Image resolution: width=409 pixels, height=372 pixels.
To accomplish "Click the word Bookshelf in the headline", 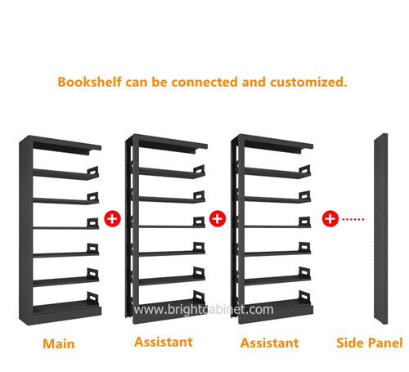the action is tap(89, 82).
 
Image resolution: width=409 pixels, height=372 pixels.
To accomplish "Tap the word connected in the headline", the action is tap(204, 82).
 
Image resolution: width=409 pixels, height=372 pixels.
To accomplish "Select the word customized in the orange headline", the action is tap(308, 82).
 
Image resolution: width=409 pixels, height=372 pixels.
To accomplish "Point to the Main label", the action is tap(59, 344).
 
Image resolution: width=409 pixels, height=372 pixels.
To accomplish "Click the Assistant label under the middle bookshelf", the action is tap(164, 342).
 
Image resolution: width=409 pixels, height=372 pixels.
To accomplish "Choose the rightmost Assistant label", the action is tap(269, 343).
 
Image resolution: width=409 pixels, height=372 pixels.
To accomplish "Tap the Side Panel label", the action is tap(370, 343).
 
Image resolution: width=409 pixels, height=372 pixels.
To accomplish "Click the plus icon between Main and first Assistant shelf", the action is tap(112, 218).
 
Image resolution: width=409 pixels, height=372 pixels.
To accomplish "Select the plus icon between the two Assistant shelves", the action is tap(218, 218).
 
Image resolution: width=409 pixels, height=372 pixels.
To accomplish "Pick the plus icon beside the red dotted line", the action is tap(330, 218).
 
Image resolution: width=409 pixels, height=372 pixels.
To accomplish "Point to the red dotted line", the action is tap(353, 219).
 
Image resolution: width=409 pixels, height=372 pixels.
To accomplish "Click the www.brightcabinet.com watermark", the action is tap(204, 310).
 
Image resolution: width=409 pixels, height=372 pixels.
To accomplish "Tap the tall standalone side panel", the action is tap(381, 229).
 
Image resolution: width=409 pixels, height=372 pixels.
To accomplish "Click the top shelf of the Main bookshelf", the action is tap(67, 146).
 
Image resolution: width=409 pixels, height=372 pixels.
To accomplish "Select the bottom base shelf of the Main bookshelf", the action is tap(67, 309).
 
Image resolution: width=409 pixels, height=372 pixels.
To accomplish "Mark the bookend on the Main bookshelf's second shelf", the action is tap(93, 171).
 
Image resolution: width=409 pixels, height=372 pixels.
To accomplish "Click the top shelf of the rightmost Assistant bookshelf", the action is tap(279, 145).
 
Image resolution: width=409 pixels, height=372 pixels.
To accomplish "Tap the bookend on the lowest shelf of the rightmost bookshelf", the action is tap(305, 297).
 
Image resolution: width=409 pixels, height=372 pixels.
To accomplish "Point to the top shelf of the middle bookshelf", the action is tap(173, 145).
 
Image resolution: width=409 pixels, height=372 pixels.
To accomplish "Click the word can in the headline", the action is tap(137, 83).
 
